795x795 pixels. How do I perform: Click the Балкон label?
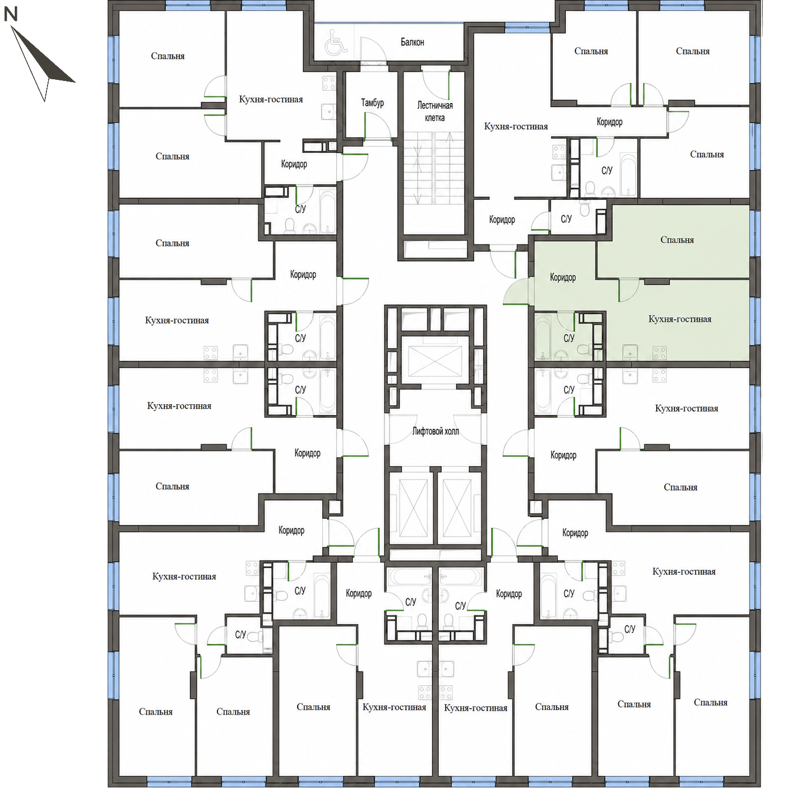click(x=412, y=42)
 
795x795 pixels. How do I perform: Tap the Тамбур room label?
click(x=372, y=102)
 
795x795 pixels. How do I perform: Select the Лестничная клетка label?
click(x=435, y=112)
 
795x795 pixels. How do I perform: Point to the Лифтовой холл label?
click(x=435, y=431)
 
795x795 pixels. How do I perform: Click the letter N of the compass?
click(x=11, y=15)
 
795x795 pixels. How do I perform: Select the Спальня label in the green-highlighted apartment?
click(x=677, y=240)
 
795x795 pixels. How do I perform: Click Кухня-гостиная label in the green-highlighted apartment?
click(x=680, y=319)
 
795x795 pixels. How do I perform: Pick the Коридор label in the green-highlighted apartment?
click(x=563, y=277)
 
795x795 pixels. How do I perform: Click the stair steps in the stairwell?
click(x=434, y=168)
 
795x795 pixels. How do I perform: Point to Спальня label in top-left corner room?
click(x=168, y=56)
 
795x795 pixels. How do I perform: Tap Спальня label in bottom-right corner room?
click(x=711, y=702)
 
